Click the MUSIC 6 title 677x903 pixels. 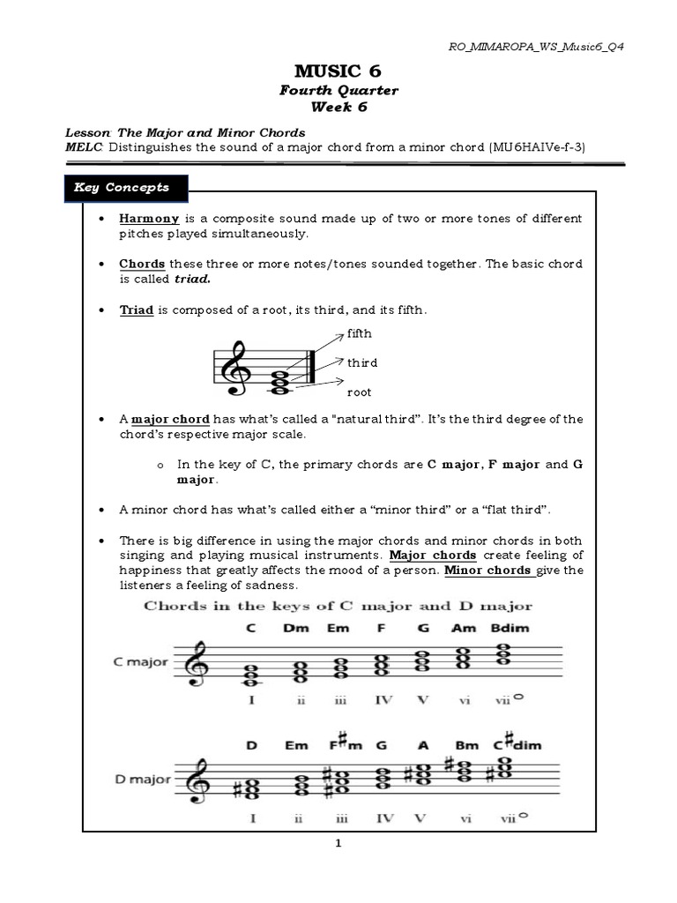tap(339, 71)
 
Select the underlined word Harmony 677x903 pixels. tap(149, 218)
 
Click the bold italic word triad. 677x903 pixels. tap(194, 279)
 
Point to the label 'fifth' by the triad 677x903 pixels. tap(360, 333)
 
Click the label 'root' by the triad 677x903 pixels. tap(360, 392)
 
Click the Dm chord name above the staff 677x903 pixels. tap(296, 629)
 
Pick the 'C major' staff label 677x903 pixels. tap(140, 661)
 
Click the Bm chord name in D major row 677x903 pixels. tap(467, 746)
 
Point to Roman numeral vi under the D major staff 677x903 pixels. tap(464, 818)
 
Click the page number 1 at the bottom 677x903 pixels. tap(338, 843)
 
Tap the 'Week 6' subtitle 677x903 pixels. tap(338, 108)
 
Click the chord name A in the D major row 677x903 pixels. tap(422, 746)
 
